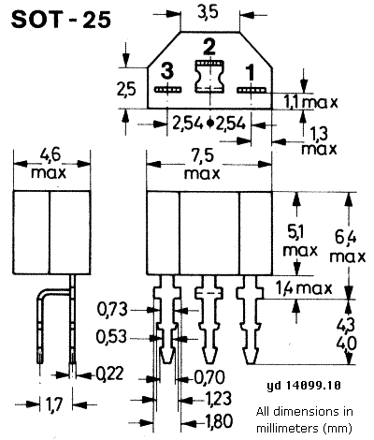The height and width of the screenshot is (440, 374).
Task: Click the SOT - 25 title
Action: coord(61,20)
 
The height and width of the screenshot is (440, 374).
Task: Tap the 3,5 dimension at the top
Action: coord(209,13)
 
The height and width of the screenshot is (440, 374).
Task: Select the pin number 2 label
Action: coord(209,47)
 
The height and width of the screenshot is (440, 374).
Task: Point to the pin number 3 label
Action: coord(167,70)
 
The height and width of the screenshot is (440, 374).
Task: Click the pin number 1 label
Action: coord(250,72)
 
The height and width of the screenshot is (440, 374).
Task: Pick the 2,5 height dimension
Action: coord(126,90)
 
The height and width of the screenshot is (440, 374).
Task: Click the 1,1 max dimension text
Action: coord(310,102)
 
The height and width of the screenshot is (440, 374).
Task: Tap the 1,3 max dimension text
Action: coord(319,141)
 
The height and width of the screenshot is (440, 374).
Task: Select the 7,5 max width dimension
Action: coord(202,165)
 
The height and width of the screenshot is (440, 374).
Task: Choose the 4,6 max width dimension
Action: coord(49,164)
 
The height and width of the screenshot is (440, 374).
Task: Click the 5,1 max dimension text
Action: coord(300,242)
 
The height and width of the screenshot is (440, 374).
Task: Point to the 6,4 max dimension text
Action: coord(348,248)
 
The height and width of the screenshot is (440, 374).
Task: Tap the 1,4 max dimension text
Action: coord(304,287)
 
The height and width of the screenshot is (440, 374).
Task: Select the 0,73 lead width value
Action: coord(112,310)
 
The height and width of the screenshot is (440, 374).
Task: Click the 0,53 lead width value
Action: coord(111,337)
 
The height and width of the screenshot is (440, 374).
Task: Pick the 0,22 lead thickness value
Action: coord(109,374)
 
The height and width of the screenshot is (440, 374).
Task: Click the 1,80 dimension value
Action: coord(219,421)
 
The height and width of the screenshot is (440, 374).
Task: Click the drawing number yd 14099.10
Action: coord(304,386)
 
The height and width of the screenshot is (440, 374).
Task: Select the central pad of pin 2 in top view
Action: coord(209,76)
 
